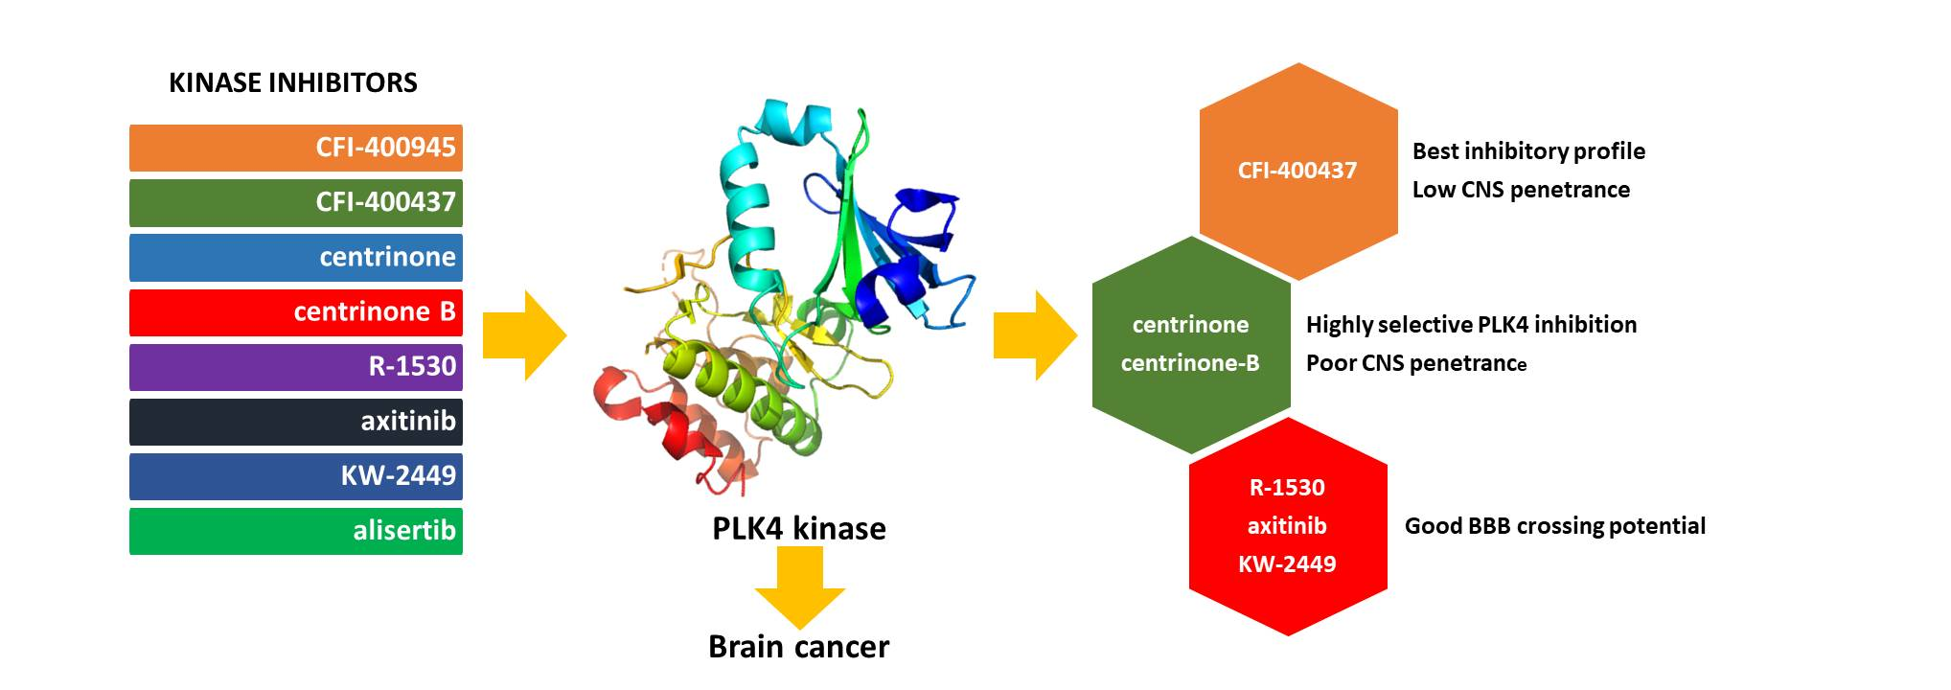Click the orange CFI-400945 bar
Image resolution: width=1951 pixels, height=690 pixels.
296,148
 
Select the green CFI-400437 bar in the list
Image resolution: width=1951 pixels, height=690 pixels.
296,202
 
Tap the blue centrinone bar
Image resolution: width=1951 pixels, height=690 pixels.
296,257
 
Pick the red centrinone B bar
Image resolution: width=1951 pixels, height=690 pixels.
296,311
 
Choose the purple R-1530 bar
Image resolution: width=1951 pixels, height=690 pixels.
296,366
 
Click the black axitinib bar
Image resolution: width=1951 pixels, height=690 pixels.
296,421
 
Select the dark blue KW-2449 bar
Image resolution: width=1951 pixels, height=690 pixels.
296,475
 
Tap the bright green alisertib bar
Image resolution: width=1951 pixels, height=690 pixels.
296,531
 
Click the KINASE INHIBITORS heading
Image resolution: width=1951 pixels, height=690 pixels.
292,82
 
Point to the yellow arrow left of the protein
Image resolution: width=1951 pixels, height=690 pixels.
524,335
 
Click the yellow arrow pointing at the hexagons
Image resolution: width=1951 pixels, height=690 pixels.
1035,335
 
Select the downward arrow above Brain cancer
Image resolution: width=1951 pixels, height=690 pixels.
799,592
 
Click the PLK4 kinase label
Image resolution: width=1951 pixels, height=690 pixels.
798,528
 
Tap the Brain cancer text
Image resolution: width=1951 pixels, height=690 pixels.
798,647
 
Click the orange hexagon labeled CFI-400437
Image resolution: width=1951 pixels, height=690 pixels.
1297,171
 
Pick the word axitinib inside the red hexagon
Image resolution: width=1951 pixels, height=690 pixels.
1287,525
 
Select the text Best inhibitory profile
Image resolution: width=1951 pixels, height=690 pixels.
1527,151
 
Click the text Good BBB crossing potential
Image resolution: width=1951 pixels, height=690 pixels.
1554,525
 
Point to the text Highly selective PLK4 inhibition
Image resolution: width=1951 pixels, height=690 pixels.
1470,325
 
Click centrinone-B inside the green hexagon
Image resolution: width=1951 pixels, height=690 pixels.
1190,363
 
